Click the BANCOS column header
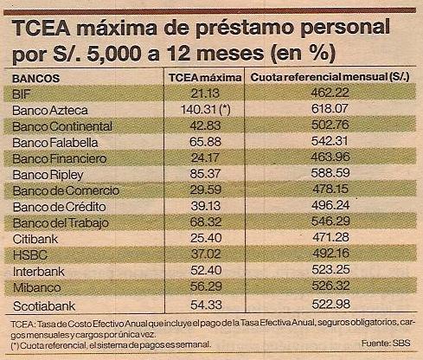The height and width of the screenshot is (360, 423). click(35, 79)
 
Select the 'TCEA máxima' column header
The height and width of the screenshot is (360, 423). click(205, 78)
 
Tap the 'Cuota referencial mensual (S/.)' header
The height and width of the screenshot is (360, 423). click(330, 77)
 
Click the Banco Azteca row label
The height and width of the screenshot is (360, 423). click(50, 110)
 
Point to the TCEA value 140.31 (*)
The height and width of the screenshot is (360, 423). click(206, 109)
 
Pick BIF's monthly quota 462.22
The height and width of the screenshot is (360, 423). click(330, 93)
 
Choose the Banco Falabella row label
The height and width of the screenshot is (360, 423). click(55, 143)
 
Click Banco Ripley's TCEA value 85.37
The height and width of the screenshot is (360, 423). click(205, 174)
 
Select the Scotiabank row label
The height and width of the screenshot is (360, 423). click(44, 306)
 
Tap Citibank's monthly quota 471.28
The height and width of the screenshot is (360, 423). click(330, 237)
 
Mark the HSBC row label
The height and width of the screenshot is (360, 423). click(30, 255)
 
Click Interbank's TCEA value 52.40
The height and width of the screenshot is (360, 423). click(206, 270)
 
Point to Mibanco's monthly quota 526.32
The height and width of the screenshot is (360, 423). click(330, 286)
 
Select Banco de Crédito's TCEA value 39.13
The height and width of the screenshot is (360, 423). click(206, 206)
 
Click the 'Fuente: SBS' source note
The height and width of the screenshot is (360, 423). click(386, 343)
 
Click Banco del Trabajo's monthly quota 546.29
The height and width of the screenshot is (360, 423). click(330, 221)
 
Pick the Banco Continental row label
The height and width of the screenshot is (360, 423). click(62, 126)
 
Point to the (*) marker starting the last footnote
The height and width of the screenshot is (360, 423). click(15, 345)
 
